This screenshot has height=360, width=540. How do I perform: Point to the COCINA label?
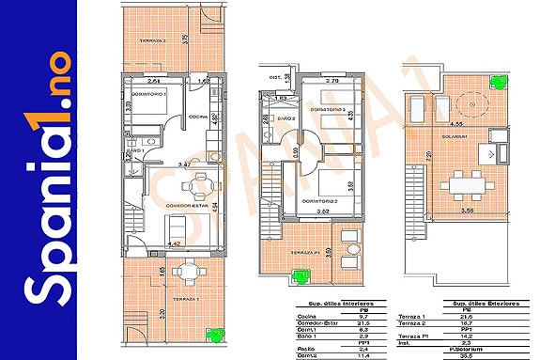pos(197,117)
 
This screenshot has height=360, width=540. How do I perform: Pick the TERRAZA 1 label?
pos(186,298)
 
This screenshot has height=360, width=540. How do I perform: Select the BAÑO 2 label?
pos(287,118)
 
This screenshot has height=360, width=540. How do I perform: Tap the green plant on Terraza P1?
pos(301,275)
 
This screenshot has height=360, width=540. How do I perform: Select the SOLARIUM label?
pos(456,134)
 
